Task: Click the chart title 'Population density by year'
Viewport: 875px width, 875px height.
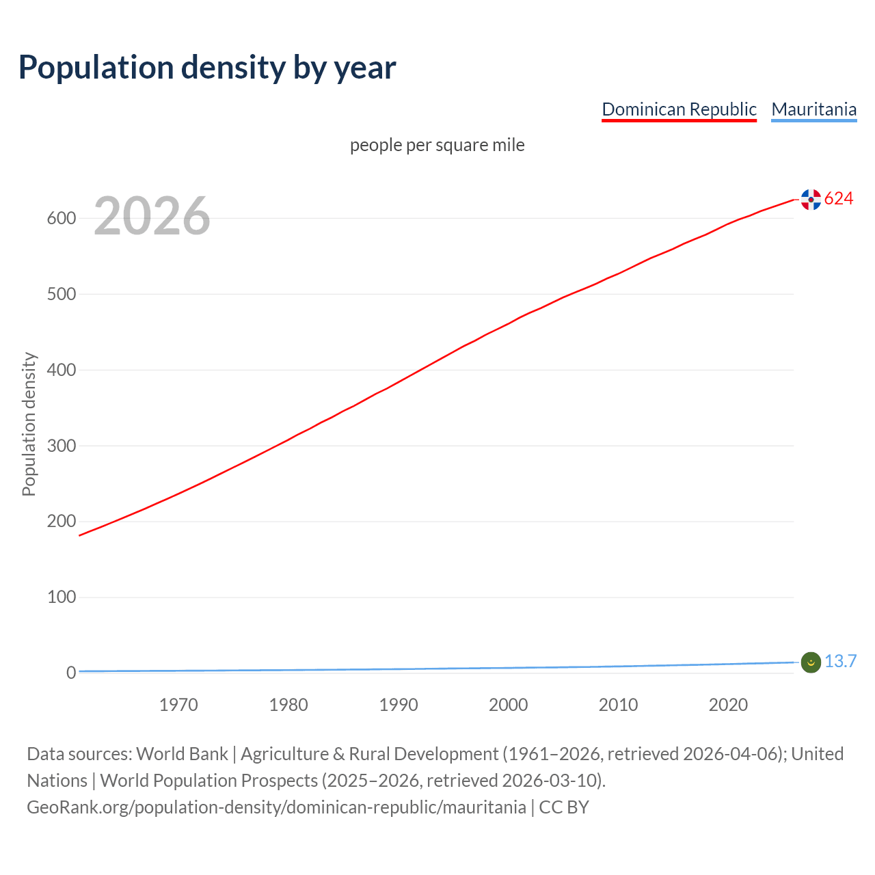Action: click(207, 68)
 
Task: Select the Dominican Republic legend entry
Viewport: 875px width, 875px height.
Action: click(679, 109)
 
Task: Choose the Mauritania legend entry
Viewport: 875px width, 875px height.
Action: click(813, 109)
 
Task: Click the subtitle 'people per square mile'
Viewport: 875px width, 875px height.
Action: click(437, 146)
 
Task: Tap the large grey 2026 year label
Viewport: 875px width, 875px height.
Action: click(152, 216)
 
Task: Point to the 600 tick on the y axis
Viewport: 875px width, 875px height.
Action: click(61, 219)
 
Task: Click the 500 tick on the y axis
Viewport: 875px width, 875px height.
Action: click(61, 295)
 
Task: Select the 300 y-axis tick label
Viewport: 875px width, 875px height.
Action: click(61, 446)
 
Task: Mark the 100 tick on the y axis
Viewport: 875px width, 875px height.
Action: click(61, 597)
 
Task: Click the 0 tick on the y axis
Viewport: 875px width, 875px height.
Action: click(70, 673)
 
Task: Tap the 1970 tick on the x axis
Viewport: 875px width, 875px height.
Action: click(178, 705)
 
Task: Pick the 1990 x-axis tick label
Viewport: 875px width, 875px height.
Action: click(399, 705)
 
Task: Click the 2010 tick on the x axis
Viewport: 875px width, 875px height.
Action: click(618, 705)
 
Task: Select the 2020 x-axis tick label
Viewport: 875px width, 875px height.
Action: click(728, 705)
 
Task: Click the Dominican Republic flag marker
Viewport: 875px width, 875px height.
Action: click(811, 200)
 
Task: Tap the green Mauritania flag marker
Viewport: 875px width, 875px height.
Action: click(811, 662)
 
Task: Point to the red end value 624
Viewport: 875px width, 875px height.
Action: click(839, 199)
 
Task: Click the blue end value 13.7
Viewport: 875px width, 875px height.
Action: click(840, 662)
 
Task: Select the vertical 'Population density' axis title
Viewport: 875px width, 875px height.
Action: click(29, 424)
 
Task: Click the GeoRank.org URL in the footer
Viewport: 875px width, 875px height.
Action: click(276, 807)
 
